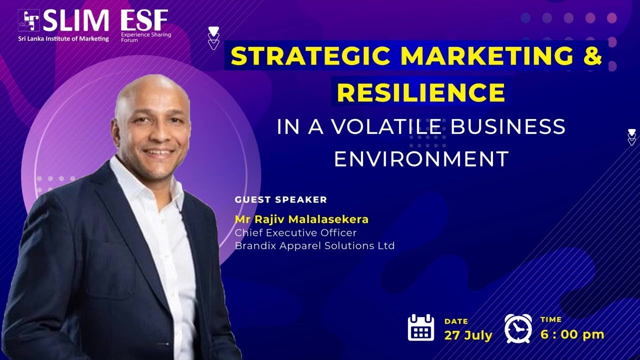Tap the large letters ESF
click(x=144, y=20)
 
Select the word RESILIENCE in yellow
click(x=420, y=92)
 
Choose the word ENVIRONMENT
click(x=421, y=159)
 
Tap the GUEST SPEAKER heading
click(x=280, y=200)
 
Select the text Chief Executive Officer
click(x=295, y=232)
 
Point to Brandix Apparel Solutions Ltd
click(x=314, y=245)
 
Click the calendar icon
click(x=421, y=327)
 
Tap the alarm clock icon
click(x=518, y=328)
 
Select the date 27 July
click(x=468, y=335)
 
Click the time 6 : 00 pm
click(x=572, y=334)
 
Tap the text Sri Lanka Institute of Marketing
click(x=63, y=38)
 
